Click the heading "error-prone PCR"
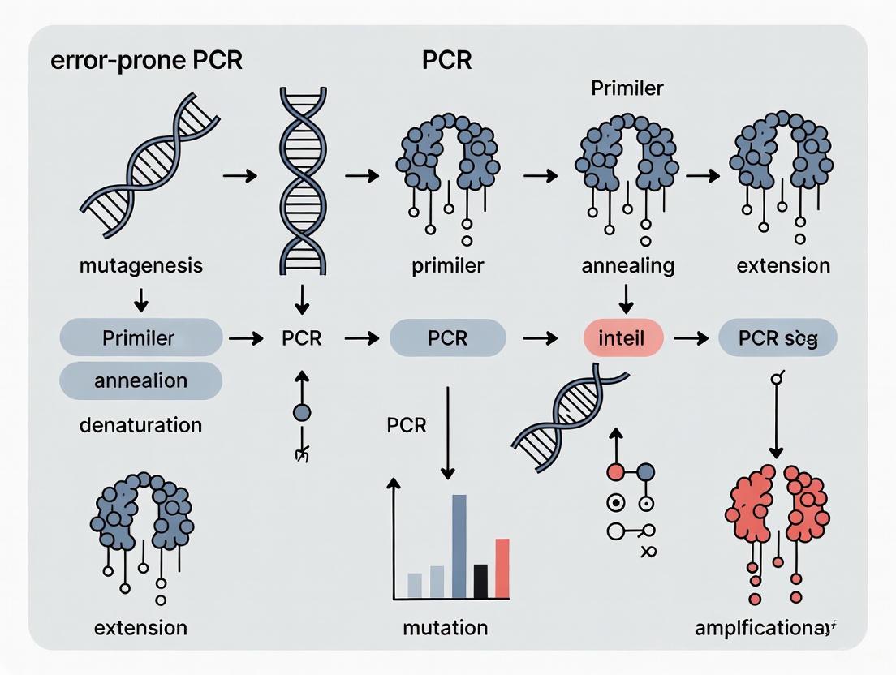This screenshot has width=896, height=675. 146,62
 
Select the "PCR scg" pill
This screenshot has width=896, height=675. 778,338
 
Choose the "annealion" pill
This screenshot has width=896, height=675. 140,380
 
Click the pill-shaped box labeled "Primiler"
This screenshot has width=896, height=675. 140,338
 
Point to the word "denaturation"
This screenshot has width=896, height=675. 140,424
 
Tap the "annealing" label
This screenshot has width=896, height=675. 627,265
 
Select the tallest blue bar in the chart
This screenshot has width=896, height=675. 459,546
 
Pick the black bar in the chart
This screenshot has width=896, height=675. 480,581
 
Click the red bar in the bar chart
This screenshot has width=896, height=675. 502,568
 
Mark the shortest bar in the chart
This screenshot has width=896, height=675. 415,585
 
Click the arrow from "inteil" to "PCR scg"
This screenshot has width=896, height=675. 691,339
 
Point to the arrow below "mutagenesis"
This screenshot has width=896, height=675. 140,300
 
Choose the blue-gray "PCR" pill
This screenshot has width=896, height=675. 447,338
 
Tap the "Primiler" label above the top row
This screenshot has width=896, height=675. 627,88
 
